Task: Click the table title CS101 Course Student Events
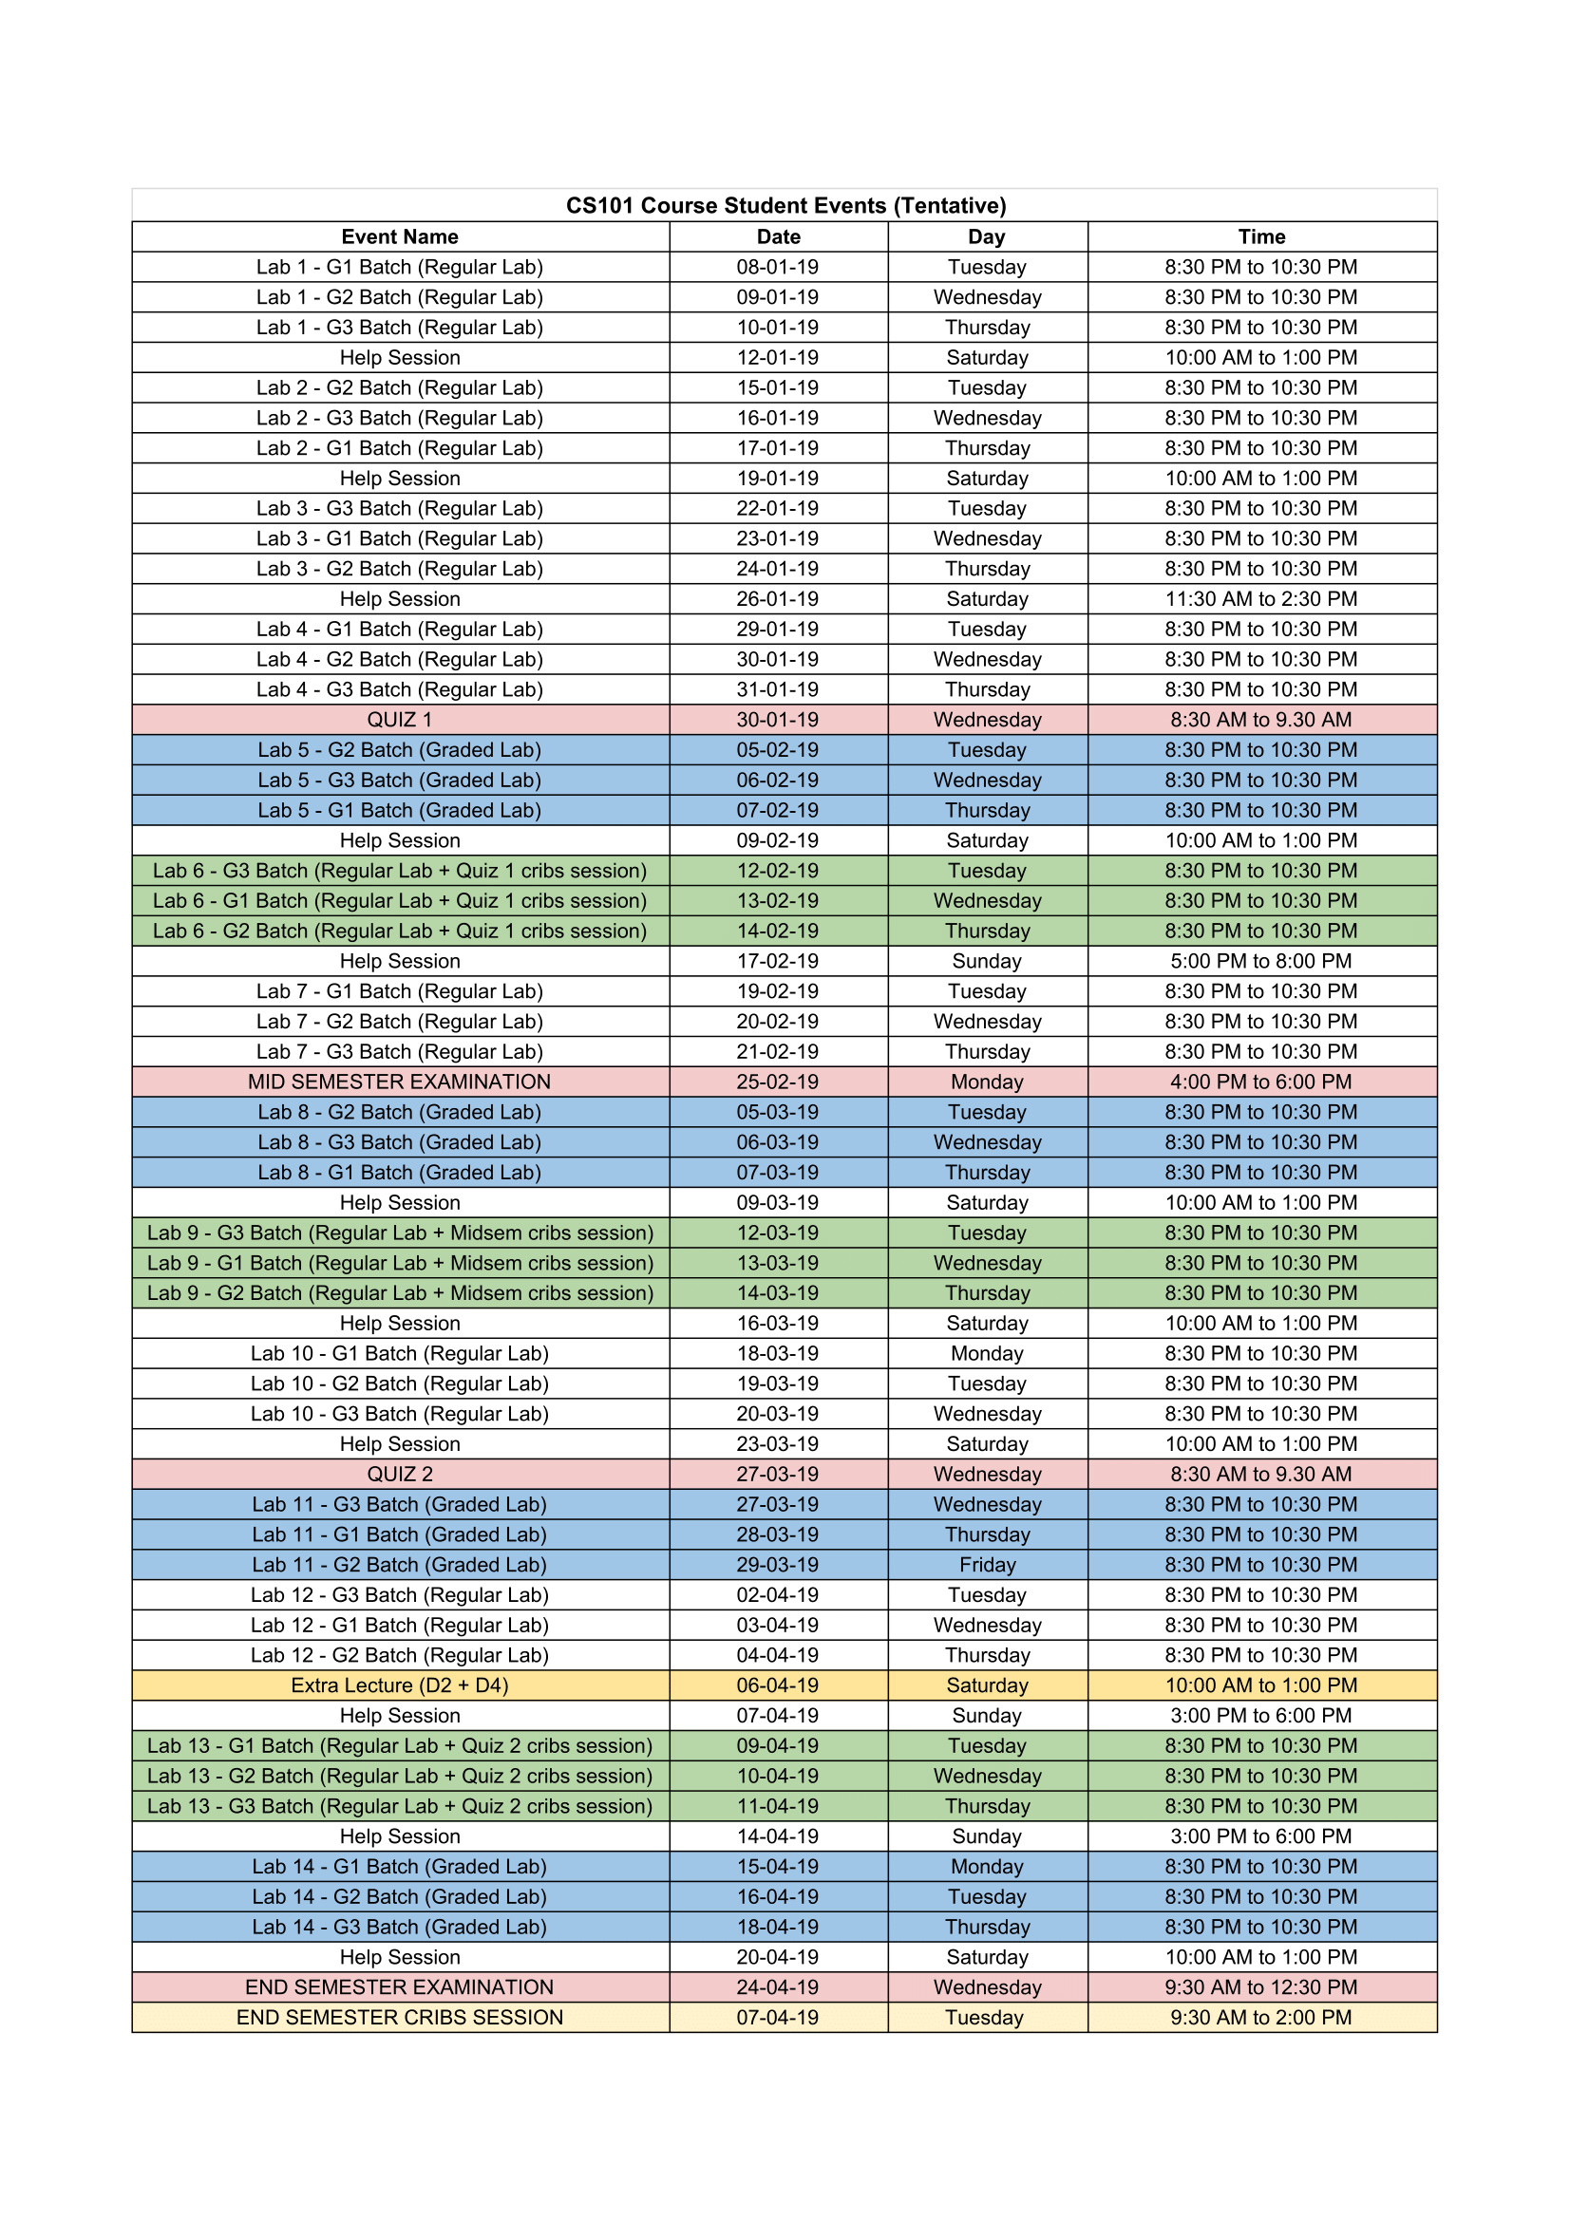pos(785,205)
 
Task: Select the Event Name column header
pos(400,237)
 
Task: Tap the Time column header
pos(1261,237)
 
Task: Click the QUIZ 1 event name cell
pos(400,720)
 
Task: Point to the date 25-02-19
pos(778,1082)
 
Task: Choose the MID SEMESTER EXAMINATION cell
pos(400,1082)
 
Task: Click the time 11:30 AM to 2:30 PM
pos(1261,599)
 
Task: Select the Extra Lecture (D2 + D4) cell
pos(400,1685)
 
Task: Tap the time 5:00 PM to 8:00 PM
pos(1261,961)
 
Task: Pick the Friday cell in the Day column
pos(988,1564)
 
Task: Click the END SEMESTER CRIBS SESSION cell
pos(400,2017)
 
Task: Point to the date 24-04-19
pos(778,1986)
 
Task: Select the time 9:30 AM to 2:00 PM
pos(1261,2017)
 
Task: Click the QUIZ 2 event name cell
pos(400,1475)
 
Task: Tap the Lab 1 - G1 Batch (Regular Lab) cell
pos(400,267)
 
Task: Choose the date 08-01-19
pos(778,267)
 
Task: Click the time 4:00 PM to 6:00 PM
pos(1261,1082)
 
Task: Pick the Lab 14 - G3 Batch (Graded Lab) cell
pos(400,1927)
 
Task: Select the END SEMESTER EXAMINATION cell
pos(400,1986)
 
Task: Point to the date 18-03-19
pos(778,1353)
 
